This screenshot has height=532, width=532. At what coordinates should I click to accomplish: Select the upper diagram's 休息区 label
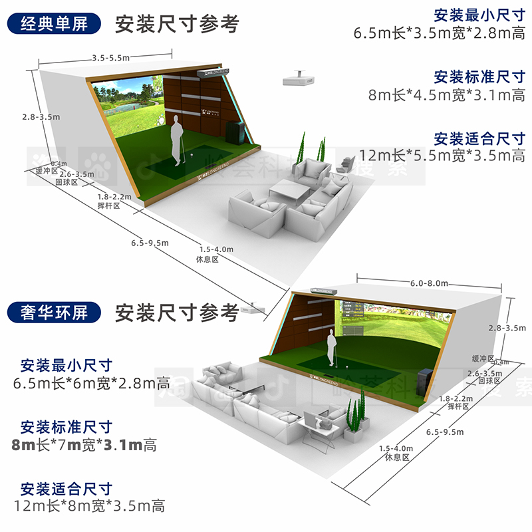[x=207, y=259]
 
